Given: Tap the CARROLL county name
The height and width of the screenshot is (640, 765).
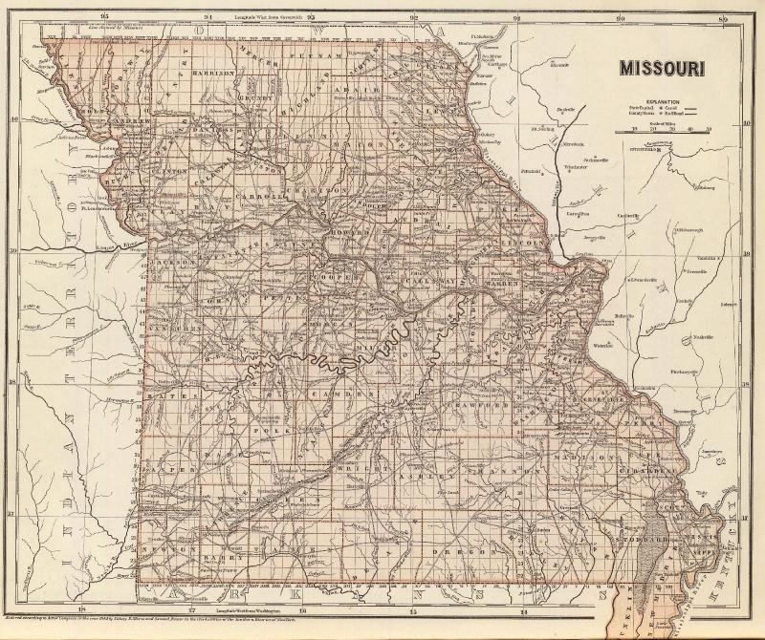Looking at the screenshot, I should pyautogui.click(x=270, y=197).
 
